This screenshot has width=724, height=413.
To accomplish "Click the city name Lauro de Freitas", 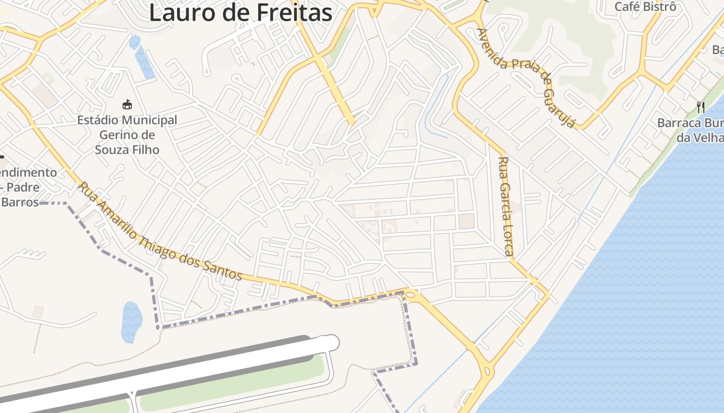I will click(240, 12).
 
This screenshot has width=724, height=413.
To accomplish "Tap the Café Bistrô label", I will click(645, 7).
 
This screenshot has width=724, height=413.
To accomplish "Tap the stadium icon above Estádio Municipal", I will click(127, 105).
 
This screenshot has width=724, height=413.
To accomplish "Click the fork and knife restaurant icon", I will click(701, 107).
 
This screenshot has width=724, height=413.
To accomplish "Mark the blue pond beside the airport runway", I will click(131, 321).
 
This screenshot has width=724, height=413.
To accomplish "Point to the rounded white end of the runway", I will click(330, 342).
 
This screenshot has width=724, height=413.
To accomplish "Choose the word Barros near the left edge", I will click(20, 201).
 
